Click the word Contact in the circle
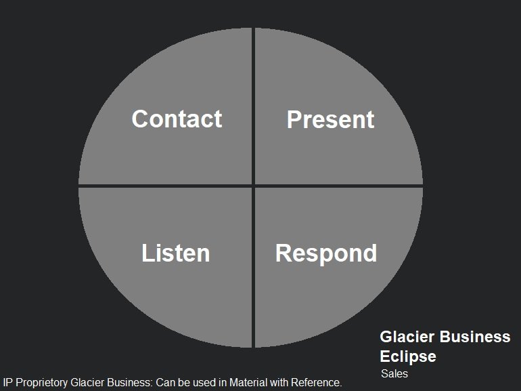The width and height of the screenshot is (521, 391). click(x=177, y=119)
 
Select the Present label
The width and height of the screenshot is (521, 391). click(x=331, y=119)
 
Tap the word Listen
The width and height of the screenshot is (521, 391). click(x=176, y=253)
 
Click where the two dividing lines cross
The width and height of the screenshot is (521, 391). click(x=253, y=186)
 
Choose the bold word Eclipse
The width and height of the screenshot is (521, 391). click(x=408, y=357)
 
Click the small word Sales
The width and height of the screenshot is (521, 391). click(x=394, y=373)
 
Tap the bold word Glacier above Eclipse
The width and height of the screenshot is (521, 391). click(x=407, y=337)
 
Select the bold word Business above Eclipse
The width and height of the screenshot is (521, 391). click(x=475, y=337)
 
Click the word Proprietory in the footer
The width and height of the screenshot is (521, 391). click(x=41, y=383)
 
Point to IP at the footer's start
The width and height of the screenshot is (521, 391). click(x=7, y=382)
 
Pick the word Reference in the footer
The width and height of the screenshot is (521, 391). click(x=316, y=382)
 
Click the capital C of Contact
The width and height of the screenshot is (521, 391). click(x=139, y=119)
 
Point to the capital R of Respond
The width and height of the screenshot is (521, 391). click(x=284, y=253)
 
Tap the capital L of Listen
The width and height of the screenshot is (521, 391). click(x=148, y=253)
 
